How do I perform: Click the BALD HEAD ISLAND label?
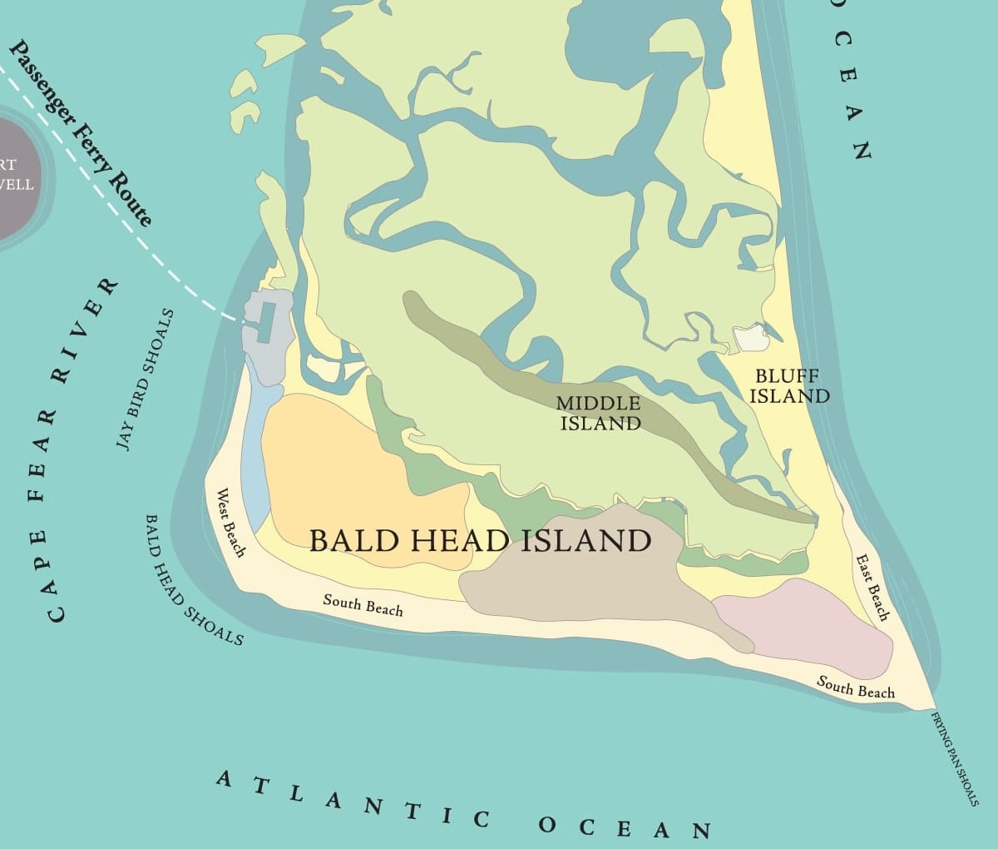[480, 541]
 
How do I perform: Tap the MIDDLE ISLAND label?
[600, 413]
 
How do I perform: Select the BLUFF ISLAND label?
[789, 386]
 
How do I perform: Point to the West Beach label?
[231, 523]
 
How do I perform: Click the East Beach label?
[872, 588]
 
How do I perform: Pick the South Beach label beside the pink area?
[856, 688]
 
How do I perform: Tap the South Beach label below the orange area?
[363, 604]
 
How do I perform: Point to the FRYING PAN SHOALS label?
[954, 757]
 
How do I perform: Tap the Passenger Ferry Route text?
[82, 133]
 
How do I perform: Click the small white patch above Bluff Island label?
[751, 338]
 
